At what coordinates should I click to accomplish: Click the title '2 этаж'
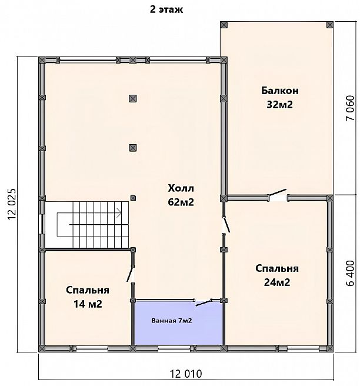166,10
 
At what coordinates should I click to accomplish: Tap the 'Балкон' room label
280,91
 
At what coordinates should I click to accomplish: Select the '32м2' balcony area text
280,105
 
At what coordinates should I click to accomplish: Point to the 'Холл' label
181,188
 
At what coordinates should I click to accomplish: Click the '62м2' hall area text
181,202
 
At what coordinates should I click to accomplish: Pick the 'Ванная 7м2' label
172,321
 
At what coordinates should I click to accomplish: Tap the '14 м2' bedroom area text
88,305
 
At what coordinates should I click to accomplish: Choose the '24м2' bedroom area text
277,282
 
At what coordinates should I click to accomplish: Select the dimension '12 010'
186,374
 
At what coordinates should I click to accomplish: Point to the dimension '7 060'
351,108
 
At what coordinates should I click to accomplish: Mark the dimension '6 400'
351,273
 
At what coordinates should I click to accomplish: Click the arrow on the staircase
119,212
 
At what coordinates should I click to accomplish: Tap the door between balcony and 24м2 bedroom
277,195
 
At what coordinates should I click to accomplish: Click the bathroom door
204,303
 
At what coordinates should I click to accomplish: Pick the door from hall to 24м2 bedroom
226,225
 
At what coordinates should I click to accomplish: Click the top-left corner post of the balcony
224,25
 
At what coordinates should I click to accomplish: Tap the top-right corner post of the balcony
330,25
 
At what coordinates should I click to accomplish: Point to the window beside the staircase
42,224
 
